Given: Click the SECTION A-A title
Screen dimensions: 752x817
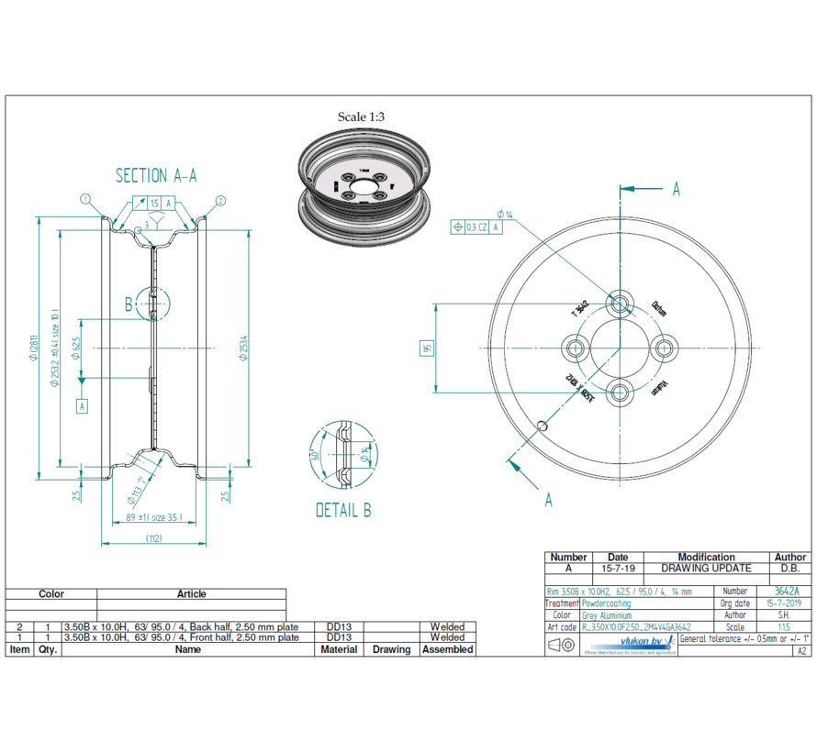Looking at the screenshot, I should [x=155, y=175].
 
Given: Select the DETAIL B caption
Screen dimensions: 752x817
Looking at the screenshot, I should [x=343, y=510].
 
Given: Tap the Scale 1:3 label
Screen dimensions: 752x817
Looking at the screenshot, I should [x=361, y=116].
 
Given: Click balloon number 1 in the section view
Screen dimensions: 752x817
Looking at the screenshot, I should [x=84, y=199].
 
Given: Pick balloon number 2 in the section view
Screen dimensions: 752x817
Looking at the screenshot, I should [x=221, y=199].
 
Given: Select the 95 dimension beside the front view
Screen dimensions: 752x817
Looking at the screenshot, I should [x=426, y=348].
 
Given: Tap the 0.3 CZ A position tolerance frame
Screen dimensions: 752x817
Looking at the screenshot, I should [x=477, y=227].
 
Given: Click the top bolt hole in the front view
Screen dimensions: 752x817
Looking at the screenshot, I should [x=621, y=303].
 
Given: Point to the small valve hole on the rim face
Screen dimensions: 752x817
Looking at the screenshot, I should [x=544, y=425].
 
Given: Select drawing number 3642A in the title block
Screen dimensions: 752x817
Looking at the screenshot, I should [x=787, y=592].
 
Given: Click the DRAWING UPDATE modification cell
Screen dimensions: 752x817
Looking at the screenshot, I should [x=705, y=569].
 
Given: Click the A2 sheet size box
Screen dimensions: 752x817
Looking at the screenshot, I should [x=801, y=650].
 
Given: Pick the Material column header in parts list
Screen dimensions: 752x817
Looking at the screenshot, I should [x=339, y=649].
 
